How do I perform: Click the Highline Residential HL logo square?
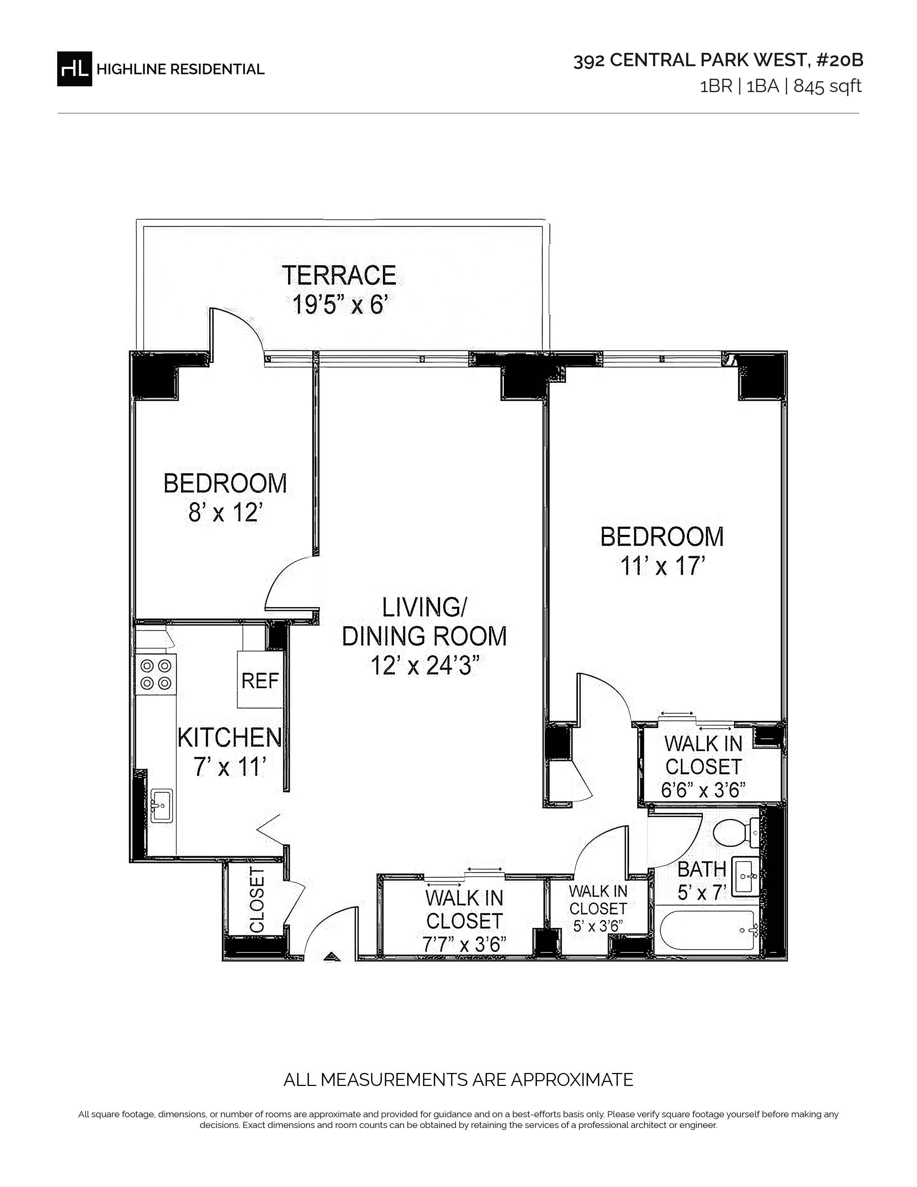click(74, 68)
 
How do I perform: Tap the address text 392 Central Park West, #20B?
click(718, 61)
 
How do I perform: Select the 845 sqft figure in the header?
click(827, 86)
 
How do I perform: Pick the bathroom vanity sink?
click(745, 877)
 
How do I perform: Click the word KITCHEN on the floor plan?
click(230, 737)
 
